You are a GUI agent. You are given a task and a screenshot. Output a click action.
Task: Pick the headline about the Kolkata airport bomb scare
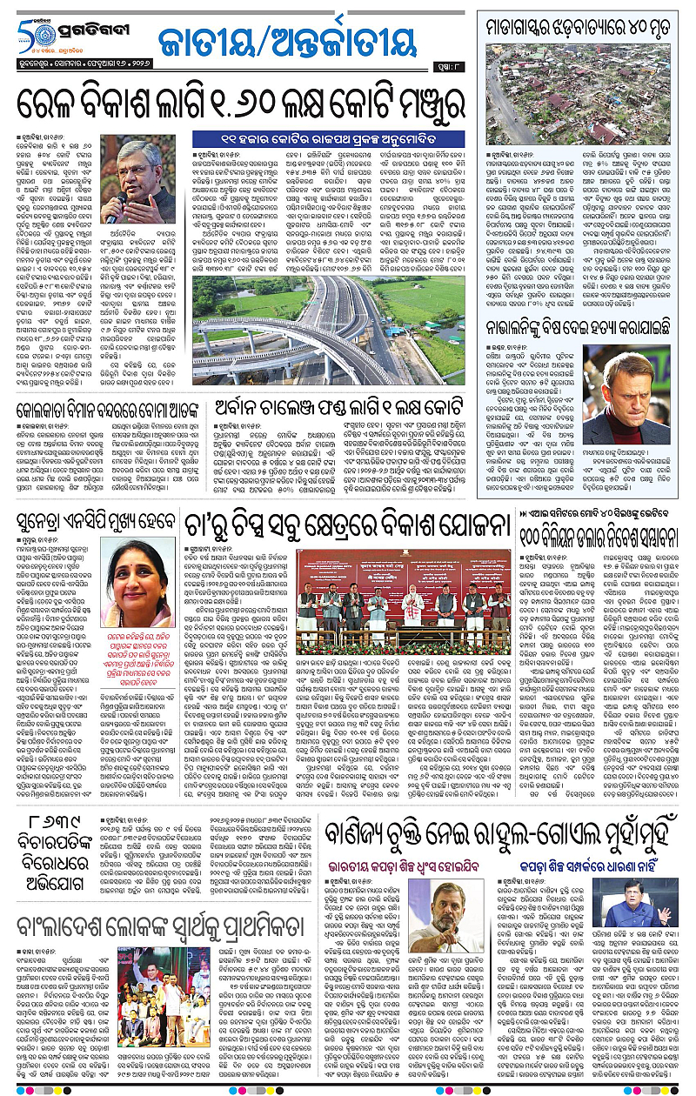tap(112, 410)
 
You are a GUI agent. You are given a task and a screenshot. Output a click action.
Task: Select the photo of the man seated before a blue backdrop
tap(640, 904)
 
